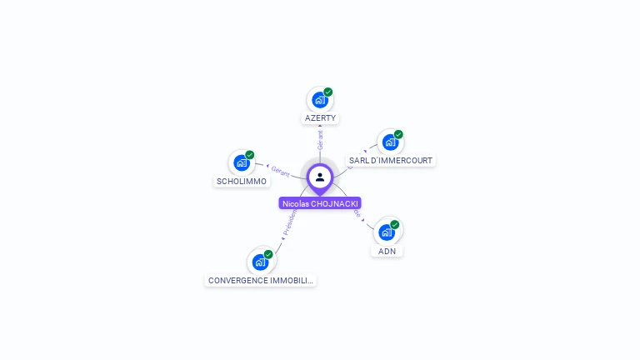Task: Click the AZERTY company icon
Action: pyautogui.click(x=319, y=100)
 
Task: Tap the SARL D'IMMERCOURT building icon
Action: pyautogui.click(x=389, y=142)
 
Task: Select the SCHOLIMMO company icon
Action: pyautogui.click(x=241, y=162)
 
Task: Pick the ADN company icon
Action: pyautogui.click(x=386, y=232)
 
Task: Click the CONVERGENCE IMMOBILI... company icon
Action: pyautogui.click(x=260, y=262)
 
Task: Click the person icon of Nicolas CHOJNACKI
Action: pyautogui.click(x=320, y=177)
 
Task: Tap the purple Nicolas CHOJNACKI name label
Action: pyautogui.click(x=321, y=203)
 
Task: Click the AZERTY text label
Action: pyautogui.click(x=320, y=118)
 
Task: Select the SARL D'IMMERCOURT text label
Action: pyautogui.click(x=391, y=160)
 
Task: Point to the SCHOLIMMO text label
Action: pyautogui.click(x=242, y=181)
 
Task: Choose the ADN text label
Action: pyautogui.click(x=387, y=251)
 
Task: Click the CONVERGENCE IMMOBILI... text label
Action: pyautogui.click(x=260, y=281)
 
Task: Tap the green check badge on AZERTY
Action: pyautogui.click(x=328, y=92)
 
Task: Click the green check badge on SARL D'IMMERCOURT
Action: pyautogui.click(x=398, y=134)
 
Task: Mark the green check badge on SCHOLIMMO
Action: pyautogui.click(x=249, y=155)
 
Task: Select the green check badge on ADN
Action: pyautogui.click(x=395, y=224)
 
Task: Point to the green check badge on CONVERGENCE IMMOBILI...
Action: pyautogui.click(x=268, y=254)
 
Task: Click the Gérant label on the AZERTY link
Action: pyautogui.click(x=320, y=140)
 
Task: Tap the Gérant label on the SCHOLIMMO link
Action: pyautogui.click(x=280, y=171)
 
